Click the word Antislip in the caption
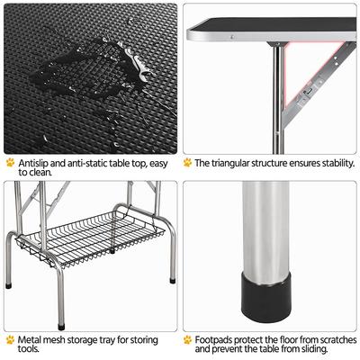point(33,163)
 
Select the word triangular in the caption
point(229,163)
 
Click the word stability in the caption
point(330,163)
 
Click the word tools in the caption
point(28,352)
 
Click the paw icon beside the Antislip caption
point(9,163)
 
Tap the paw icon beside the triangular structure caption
point(187,163)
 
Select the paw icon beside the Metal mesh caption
point(9,340)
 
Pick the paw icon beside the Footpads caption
point(187,340)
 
